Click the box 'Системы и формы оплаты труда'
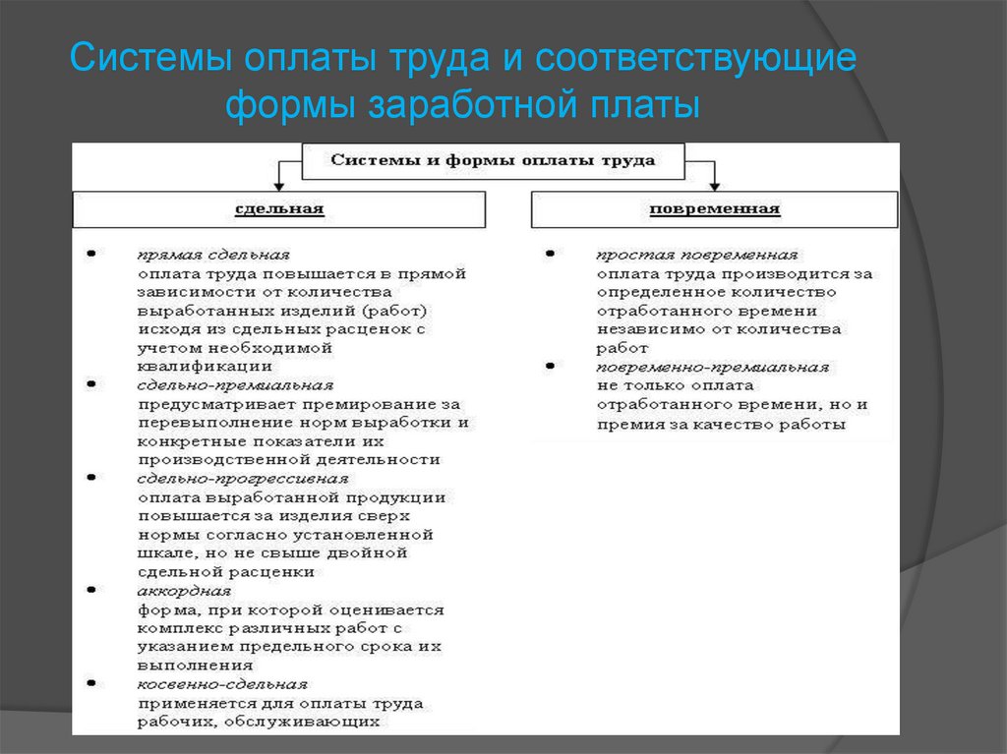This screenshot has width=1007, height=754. click(x=493, y=161)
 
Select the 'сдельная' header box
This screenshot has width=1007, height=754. click(x=279, y=209)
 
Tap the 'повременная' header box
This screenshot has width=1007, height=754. click(x=714, y=209)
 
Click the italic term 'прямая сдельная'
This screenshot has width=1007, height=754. click(x=213, y=255)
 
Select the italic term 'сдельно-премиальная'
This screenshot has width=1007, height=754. click(x=235, y=385)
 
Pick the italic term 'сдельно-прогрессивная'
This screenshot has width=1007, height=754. click(x=243, y=479)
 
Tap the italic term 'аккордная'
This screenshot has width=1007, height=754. click(x=184, y=591)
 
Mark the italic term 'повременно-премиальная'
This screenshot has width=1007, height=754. click(x=712, y=367)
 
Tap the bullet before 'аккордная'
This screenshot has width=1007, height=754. click(x=91, y=590)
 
